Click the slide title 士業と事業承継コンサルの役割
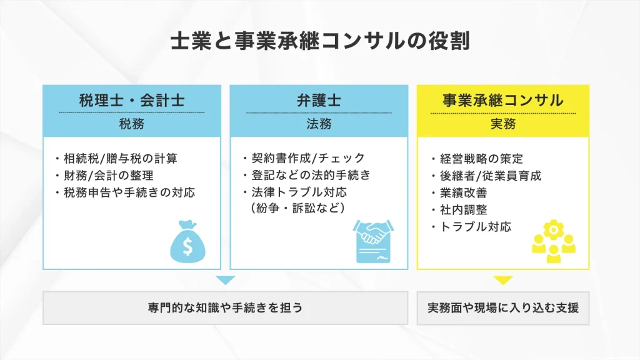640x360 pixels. pyautogui.click(x=320, y=41)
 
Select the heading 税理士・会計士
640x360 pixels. pyautogui.click(x=132, y=101)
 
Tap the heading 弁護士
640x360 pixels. pyautogui.click(x=319, y=101)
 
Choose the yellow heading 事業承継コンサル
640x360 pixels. pyautogui.click(x=503, y=101)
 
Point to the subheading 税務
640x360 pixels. pyautogui.click(x=132, y=124)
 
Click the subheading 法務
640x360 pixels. pyautogui.click(x=319, y=124)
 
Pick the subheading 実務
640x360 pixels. pyautogui.click(x=503, y=124)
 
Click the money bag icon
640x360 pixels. pyautogui.click(x=187, y=242)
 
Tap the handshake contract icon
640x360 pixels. pyautogui.click(x=374, y=241)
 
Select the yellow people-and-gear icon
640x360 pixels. pyautogui.click(x=554, y=241)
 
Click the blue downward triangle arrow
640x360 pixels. pyautogui.click(x=225, y=281)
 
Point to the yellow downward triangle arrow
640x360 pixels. pyautogui.click(x=503, y=281)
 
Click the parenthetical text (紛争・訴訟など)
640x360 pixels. pyautogui.click(x=298, y=208)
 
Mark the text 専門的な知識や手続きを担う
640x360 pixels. pyautogui.click(x=225, y=307)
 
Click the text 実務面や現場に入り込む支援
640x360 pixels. pyautogui.click(x=503, y=307)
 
